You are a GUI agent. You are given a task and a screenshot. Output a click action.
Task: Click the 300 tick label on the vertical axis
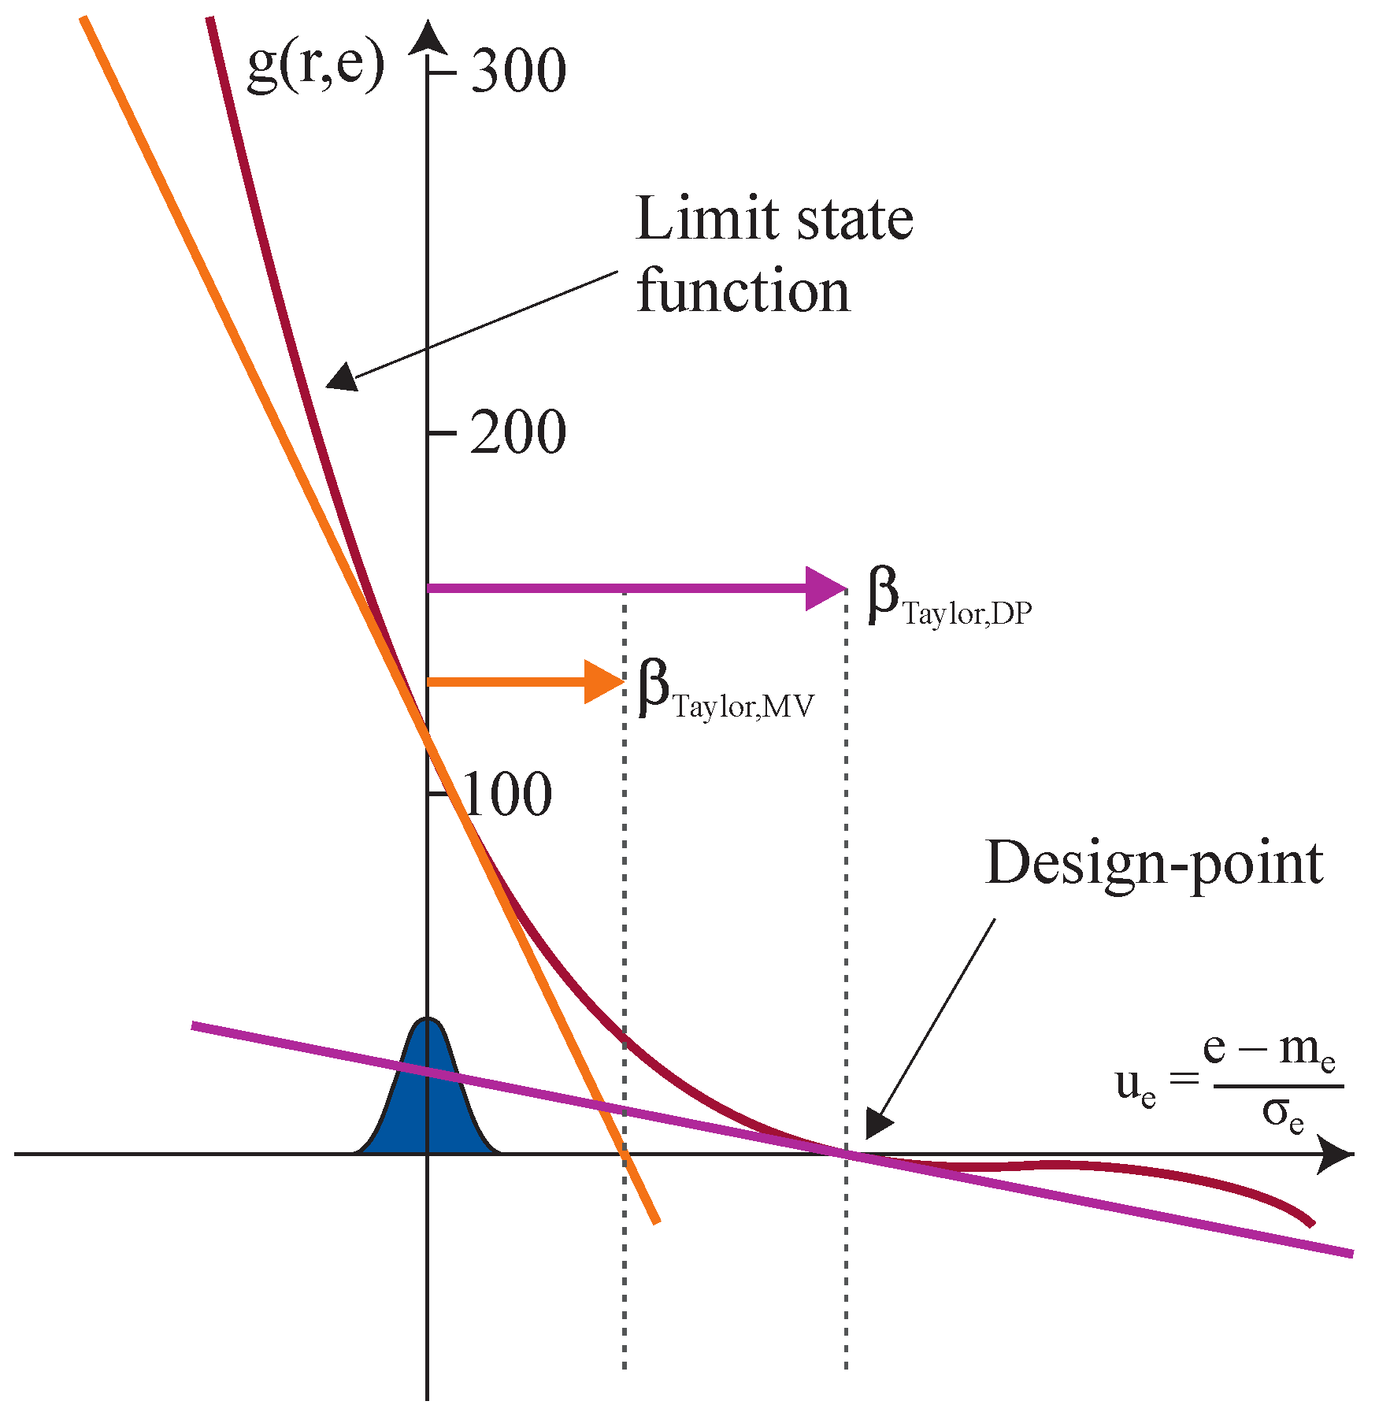(x=518, y=71)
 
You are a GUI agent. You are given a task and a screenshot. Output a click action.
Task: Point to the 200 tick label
(x=518, y=432)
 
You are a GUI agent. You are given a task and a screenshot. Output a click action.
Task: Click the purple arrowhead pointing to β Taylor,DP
(x=825, y=588)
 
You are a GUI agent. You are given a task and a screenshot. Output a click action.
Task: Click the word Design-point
(x=1154, y=865)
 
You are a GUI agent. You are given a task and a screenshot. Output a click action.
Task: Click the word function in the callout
(x=743, y=291)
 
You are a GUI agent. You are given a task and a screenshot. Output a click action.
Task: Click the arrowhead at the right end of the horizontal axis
(x=1334, y=1155)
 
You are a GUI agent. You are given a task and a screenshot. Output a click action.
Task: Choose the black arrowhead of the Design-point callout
(x=877, y=1123)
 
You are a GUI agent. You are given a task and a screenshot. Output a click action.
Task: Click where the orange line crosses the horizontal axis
(x=625, y=1155)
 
